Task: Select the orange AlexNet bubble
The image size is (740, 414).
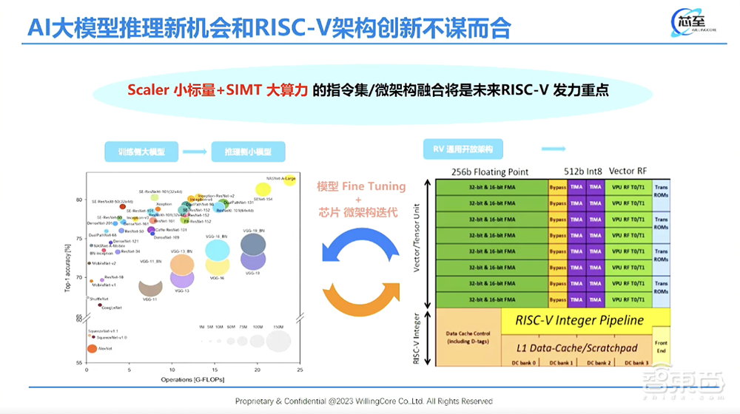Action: pos(91,348)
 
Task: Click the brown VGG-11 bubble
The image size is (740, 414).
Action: pos(151,287)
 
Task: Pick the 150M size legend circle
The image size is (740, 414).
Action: pos(278,341)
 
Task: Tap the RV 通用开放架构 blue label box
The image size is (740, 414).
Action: pos(462,150)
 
